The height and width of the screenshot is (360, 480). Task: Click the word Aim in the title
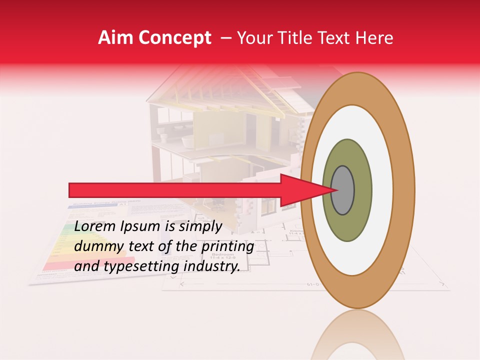click(x=116, y=38)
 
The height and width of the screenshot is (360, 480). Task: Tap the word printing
click(x=229, y=247)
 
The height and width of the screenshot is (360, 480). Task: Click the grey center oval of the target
click(x=343, y=190)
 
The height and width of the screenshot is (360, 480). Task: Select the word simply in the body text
click(x=200, y=227)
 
